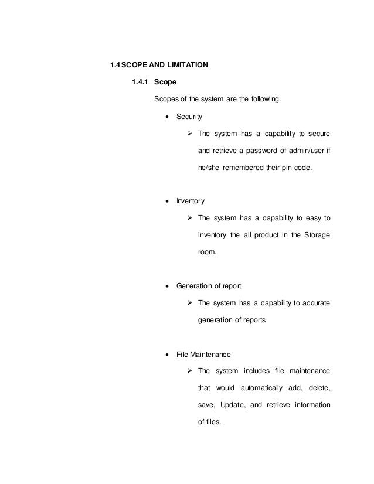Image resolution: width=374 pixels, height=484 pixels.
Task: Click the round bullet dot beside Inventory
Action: (x=169, y=202)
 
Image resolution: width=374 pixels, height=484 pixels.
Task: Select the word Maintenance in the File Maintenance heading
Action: (x=210, y=355)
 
